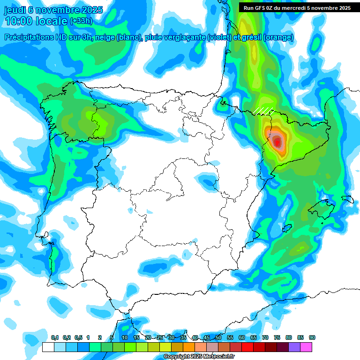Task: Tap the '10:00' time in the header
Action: (19, 21)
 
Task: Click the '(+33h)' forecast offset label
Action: (81, 21)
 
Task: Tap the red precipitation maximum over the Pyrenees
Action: (277, 141)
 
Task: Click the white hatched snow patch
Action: (263, 110)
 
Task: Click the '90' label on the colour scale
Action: (312, 337)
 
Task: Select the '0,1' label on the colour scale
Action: (55, 337)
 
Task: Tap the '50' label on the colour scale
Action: (218, 337)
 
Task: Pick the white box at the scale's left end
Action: (48, 347)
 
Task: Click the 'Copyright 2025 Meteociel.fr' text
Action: (198, 356)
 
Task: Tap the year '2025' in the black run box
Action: (343, 8)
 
